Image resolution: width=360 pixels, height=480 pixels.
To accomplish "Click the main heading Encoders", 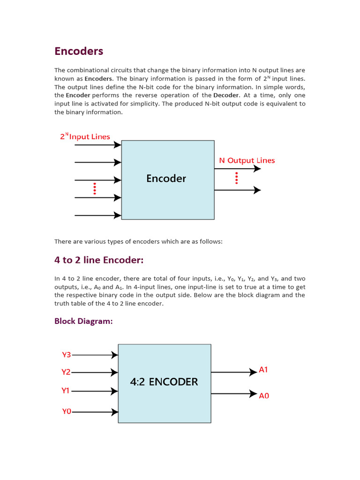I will pos(79,51).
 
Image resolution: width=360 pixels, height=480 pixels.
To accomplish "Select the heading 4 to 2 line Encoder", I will pos(99,260).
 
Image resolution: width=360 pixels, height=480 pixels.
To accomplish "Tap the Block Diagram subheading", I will pos(83,321).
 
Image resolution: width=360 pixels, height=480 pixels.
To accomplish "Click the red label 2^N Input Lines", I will pos(85,137).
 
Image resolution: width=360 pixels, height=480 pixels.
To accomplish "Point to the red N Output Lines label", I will pos(247,160).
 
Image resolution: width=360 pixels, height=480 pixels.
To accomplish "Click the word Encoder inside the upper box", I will pos(166,179).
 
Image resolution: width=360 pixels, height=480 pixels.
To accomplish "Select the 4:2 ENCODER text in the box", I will pos(164,382).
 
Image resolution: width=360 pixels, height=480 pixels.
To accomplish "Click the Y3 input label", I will pos(67,355).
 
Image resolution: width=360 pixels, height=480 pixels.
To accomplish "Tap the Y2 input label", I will pos(66,372).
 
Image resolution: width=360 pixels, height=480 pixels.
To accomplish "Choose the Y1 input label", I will pos(66,390).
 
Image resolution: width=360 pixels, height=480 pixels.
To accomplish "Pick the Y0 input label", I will pos(67,412).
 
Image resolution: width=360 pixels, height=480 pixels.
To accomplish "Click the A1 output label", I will pos(263,370).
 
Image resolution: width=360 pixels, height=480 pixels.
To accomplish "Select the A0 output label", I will pos(264,396).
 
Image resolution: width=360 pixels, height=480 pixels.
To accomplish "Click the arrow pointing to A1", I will pos(234,373).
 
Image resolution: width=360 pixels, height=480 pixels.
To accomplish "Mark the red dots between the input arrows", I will pos(95,188).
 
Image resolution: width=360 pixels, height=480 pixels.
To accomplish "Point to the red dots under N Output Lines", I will pos(237,178).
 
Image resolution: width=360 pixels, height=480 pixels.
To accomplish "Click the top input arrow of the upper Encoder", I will pos(98,145).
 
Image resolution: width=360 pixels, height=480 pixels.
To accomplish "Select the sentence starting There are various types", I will pos(138,241).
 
